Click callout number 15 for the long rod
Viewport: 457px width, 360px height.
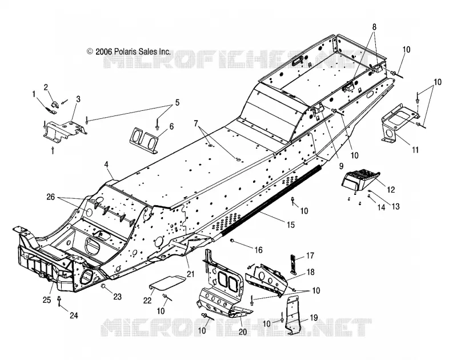point(291,225)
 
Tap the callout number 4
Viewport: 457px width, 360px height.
point(107,165)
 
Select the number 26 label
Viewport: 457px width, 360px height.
point(50,197)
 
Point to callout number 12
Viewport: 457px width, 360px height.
point(391,190)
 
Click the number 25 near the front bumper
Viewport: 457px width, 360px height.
point(47,300)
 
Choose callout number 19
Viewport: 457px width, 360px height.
point(314,318)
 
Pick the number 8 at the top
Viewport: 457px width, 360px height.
point(375,27)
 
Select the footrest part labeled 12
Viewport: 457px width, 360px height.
point(360,181)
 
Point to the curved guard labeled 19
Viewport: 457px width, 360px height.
point(292,315)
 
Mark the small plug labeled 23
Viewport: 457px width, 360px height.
point(103,287)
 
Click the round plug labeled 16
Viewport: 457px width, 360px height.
point(233,241)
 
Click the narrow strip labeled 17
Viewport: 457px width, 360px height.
point(293,265)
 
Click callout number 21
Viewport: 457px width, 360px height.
point(190,274)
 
